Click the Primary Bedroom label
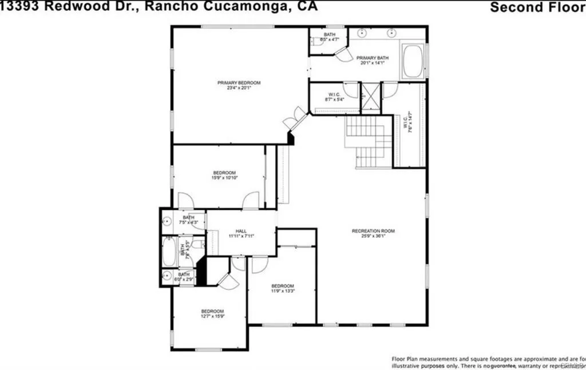pyautogui.click(x=239, y=85)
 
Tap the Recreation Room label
pyautogui.click(x=373, y=233)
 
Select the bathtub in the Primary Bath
pyautogui.click(x=413, y=61)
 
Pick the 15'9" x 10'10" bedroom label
pyautogui.click(x=224, y=175)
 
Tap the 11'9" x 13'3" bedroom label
pyautogui.click(x=282, y=288)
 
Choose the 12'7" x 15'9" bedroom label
pyautogui.click(x=212, y=313)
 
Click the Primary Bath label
pyautogui.click(x=373, y=60)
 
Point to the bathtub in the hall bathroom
pyautogui.click(x=170, y=250)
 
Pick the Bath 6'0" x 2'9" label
pyautogui.click(x=184, y=277)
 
